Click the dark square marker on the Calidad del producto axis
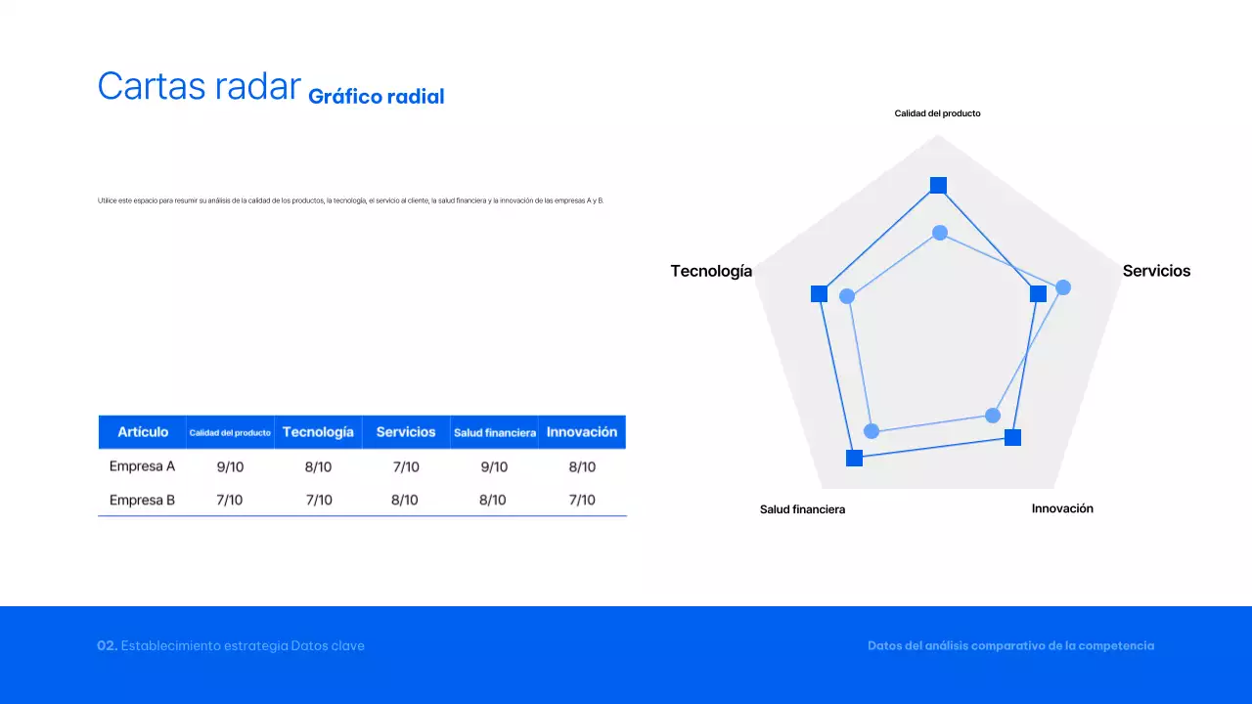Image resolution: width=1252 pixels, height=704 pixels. [x=938, y=185]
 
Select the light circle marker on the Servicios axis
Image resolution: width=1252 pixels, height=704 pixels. [x=1063, y=287]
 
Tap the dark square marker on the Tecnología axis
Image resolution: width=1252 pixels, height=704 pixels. [x=820, y=294]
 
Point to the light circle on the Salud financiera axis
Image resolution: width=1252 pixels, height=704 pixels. [x=872, y=431]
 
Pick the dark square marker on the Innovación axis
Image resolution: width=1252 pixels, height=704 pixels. [x=1013, y=437]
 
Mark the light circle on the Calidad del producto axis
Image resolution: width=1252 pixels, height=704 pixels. [x=940, y=233]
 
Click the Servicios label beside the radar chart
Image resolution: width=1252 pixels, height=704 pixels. [x=1156, y=271]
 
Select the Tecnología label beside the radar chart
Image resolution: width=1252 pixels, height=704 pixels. [x=711, y=271]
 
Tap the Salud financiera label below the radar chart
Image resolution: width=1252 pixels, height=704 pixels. [x=802, y=509]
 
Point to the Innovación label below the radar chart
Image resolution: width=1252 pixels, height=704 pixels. [x=1062, y=508]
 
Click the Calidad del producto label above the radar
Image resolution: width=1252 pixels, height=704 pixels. [x=937, y=113]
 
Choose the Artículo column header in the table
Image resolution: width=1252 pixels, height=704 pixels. [x=143, y=432]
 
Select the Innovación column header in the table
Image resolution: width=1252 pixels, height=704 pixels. [x=582, y=432]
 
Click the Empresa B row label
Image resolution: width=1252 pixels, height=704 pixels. [x=142, y=500]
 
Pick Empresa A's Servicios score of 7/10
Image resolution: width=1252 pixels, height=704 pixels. [x=406, y=466]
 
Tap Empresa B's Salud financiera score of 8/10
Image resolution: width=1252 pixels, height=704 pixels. [x=493, y=500]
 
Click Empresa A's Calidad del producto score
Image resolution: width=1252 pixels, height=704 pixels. [x=230, y=466]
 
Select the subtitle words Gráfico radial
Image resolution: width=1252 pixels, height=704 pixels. [x=376, y=96]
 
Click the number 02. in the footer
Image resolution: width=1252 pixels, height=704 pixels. [x=108, y=645]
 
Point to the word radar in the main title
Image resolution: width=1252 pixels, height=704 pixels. [x=252, y=86]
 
